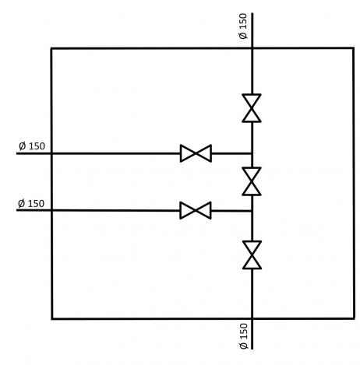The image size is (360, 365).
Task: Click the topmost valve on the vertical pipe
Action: click(x=252, y=108)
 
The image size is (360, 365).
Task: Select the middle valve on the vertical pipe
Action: click(x=252, y=181)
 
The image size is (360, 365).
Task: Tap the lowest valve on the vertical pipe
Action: click(x=252, y=255)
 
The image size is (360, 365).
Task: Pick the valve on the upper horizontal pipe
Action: click(x=196, y=153)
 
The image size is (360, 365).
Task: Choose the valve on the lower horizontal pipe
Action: click(x=196, y=210)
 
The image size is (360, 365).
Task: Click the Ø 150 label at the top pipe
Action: click(x=243, y=26)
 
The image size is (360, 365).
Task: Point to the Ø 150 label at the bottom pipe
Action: click(x=244, y=336)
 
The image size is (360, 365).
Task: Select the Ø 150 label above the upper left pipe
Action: click(x=32, y=146)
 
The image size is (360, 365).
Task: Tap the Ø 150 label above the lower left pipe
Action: click(x=31, y=203)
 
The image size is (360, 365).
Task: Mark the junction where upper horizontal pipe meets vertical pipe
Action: click(x=252, y=153)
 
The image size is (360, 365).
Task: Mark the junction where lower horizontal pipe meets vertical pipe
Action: click(x=252, y=211)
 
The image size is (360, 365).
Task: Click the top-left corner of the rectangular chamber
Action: click(x=51, y=48)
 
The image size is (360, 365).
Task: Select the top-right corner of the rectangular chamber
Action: click(x=354, y=48)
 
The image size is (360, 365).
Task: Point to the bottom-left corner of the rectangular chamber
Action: click(x=52, y=318)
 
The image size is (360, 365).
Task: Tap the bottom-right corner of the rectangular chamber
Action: click(x=354, y=318)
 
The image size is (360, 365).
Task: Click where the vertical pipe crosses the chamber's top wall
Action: click(x=252, y=48)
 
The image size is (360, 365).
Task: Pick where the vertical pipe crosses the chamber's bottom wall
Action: click(x=252, y=318)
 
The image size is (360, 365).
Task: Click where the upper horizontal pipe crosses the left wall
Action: click(x=51, y=153)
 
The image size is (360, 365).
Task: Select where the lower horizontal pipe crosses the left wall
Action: click(x=51, y=210)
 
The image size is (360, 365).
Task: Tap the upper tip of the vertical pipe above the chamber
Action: click(x=252, y=13)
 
